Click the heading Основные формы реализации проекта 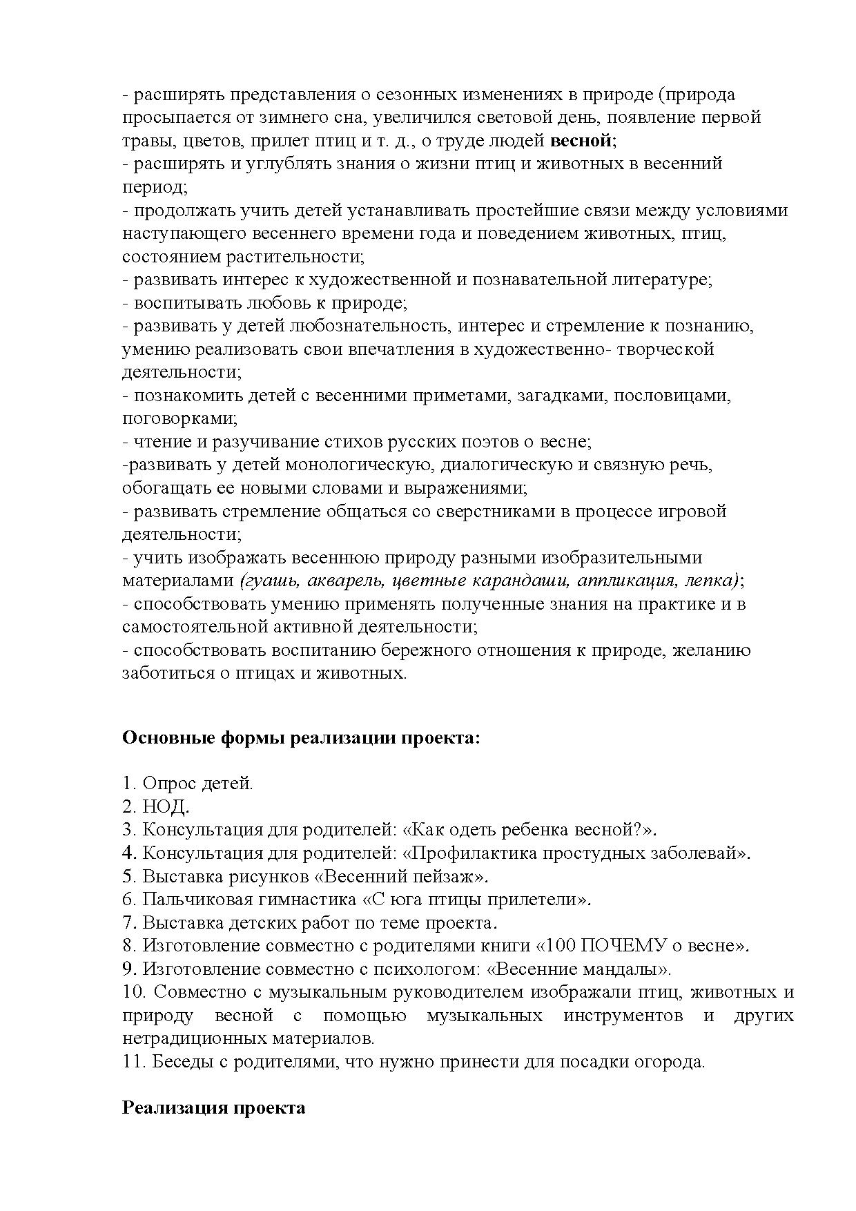click(x=300, y=738)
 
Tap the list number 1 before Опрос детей click(x=128, y=784)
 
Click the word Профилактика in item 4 click(x=474, y=853)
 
